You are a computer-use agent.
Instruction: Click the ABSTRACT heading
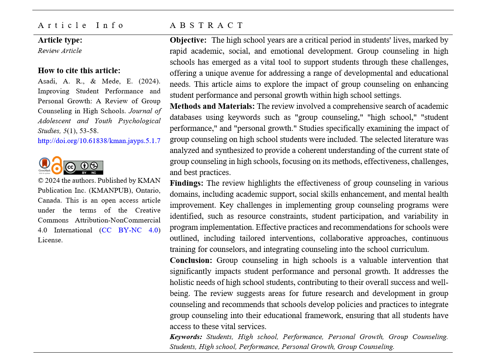[x=206, y=25]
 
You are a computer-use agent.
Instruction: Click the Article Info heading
[x=80, y=25]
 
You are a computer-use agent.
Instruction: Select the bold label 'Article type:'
[x=60, y=40]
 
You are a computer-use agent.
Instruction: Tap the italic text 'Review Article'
[x=60, y=51]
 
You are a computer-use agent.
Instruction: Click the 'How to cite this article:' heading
[x=79, y=71]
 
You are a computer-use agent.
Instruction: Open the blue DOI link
[x=99, y=141]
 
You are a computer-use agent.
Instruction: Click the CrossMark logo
[x=44, y=165]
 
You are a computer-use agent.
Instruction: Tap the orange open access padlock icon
[x=57, y=165]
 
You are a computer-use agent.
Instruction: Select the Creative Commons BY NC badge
[x=83, y=167]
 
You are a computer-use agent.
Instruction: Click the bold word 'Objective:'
[x=188, y=40]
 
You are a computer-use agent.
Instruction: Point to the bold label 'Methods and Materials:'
[x=212, y=106]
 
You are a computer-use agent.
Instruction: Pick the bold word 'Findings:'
[x=186, y=183]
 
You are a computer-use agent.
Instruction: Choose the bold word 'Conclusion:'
[x=191, y=260]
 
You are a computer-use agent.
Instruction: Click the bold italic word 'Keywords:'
[x=186, y=337]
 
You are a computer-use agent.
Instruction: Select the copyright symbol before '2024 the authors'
[x=40, y=181]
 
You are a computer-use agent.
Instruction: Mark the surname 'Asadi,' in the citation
[x=47, y=81]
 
